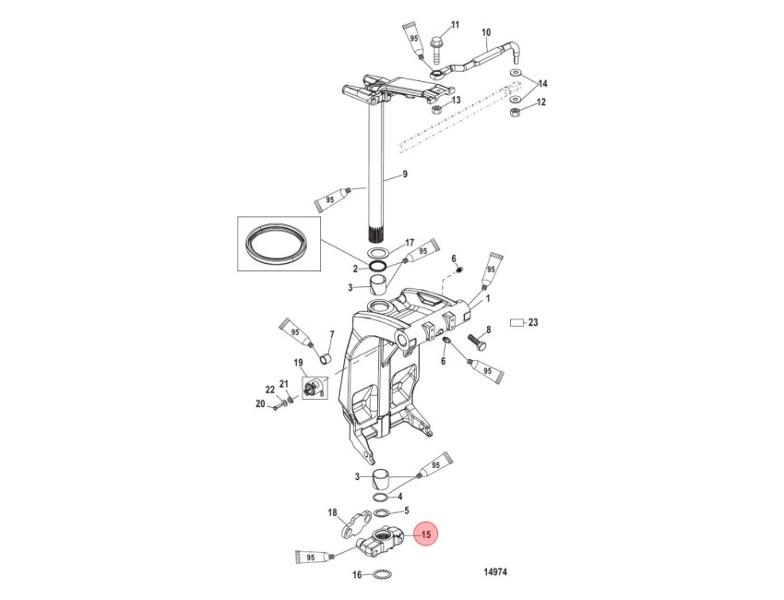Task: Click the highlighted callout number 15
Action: (x=426, y=534)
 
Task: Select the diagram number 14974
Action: (x=495, y=571)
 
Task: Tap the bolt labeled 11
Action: (x=436, y=50)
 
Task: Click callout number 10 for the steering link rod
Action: (x=486, y=33)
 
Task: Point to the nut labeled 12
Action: (x=515, y=113)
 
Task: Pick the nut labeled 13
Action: (x=435, y=109)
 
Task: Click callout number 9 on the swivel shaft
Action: (x=405, y=174)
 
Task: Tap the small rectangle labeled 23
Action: (x=516, y=323)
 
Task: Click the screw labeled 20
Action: (x=276, y=408)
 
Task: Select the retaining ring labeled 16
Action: (x=382, y=575)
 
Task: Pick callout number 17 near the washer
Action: (x=410, y=243)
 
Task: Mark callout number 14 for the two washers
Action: (x=542, y=83)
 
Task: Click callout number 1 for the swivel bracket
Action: (x=488, y=299)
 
